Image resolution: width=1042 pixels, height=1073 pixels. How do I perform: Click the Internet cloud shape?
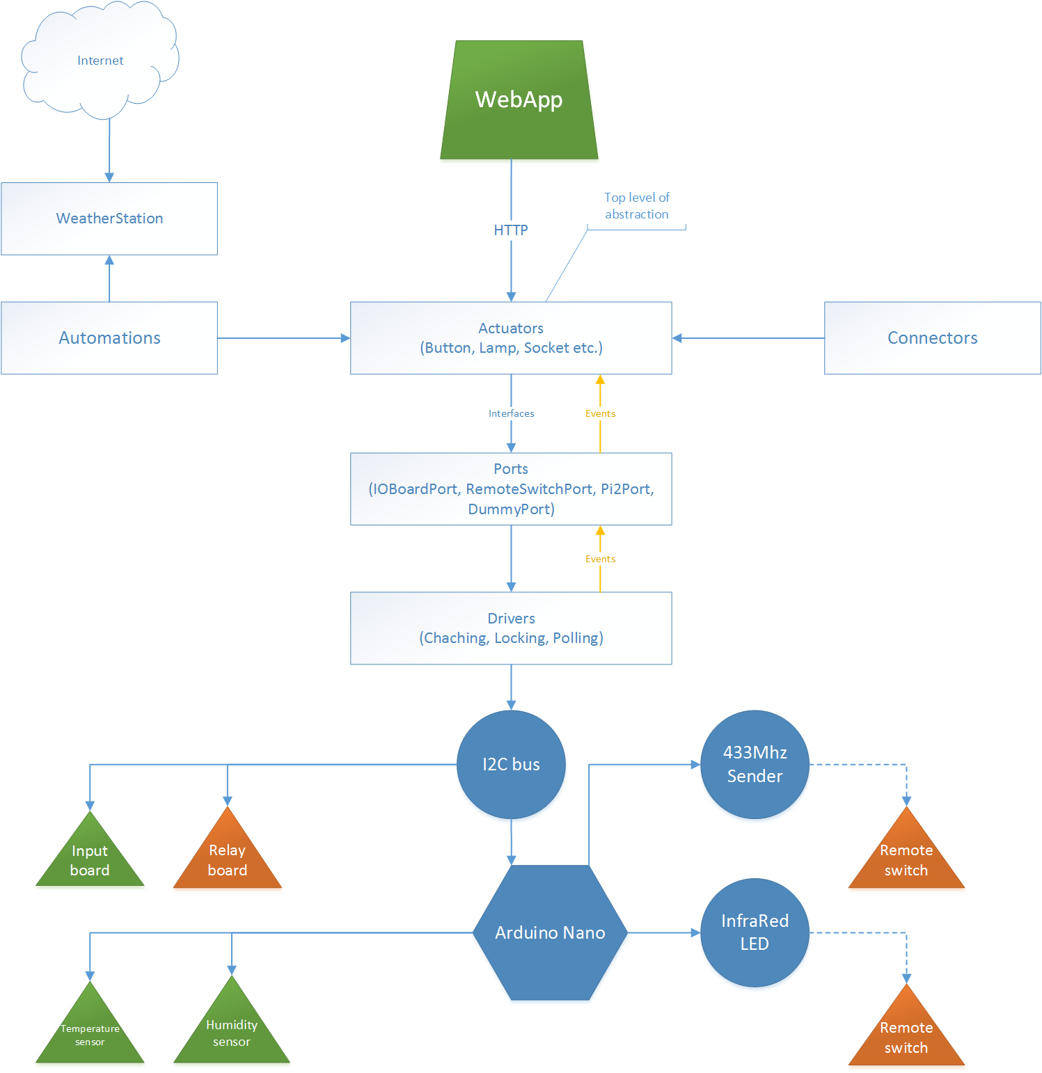point(100,61)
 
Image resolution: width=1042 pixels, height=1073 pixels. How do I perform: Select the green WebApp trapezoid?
point(519,100)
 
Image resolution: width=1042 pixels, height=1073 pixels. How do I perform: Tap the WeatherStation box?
point(109,218)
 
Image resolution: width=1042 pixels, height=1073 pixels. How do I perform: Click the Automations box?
point(109,338)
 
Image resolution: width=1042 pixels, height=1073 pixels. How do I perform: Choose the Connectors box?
point(932,338)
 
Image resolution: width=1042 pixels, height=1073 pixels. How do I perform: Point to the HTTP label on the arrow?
point(511,230)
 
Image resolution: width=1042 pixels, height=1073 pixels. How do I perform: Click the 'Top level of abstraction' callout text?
point(636,206)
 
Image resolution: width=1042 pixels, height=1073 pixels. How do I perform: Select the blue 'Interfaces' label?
point(511,413)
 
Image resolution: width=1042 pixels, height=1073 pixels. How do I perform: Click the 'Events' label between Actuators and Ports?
point(600,413)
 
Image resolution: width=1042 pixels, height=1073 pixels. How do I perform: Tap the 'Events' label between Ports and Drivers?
point(600,559)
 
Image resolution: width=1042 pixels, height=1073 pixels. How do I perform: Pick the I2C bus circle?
point(511,764)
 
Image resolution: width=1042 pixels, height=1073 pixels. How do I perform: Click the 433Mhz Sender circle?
point(755,764)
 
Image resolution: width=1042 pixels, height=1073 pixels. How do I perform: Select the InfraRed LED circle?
point(755,932)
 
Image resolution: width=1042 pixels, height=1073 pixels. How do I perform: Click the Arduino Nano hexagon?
point(550,932)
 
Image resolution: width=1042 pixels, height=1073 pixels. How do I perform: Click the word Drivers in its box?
point(511,619)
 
